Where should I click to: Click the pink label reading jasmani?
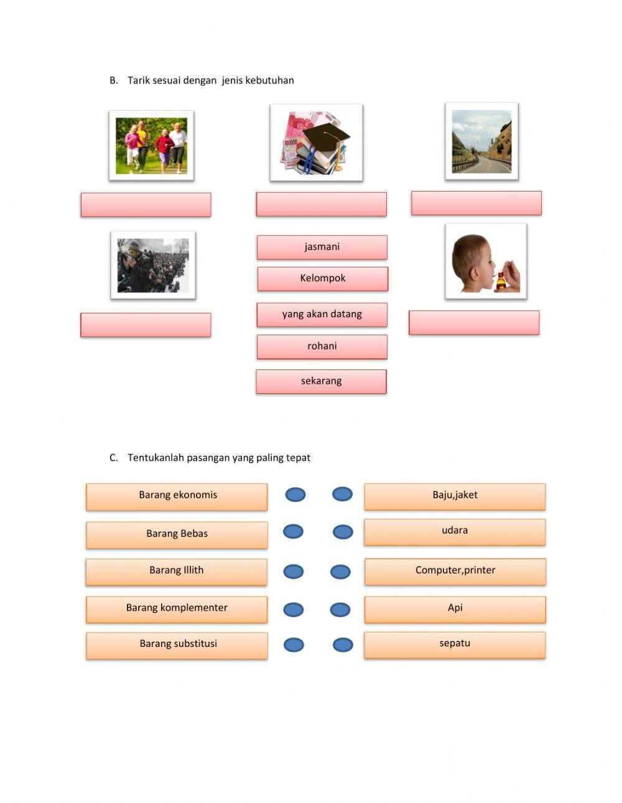(322, 247)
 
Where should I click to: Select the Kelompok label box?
(322, 279)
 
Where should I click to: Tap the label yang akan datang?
(322, 315)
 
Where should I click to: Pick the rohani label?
(322, 346)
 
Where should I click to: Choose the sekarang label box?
(321, 381)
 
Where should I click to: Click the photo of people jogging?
(151, 146)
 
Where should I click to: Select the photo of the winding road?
(481, 142)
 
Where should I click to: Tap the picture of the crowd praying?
(153, 266)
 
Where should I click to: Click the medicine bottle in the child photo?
(501, 281)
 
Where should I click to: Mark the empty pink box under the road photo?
(476, 203)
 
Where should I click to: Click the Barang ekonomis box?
(177, 496)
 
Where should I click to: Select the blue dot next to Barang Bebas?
(293, 532)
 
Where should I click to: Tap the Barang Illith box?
(177, 572)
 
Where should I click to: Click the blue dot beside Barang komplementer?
(294, 610)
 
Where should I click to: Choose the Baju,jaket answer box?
(455, 496)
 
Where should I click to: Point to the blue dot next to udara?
(343, 532)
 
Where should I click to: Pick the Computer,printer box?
(455, 572)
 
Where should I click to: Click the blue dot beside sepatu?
(343, 645)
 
